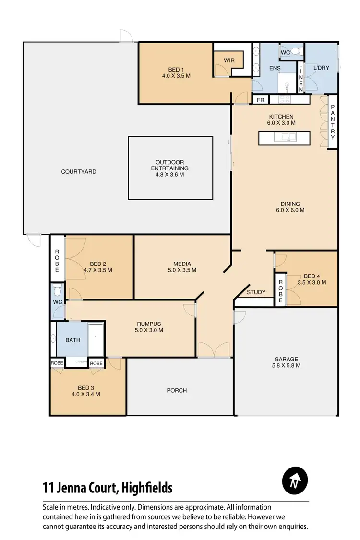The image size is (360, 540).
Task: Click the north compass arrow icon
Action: pos(295,480)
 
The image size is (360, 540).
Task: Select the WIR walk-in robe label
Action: pos(229,60)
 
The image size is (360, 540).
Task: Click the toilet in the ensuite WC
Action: pos(295,52)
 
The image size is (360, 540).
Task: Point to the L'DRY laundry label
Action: pos(321,68)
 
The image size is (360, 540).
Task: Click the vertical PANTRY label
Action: pos(332,123)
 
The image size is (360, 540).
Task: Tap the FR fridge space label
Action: pos(261,100)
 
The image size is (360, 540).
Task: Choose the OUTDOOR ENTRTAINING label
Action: pos(169,166)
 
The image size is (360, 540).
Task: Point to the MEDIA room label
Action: pos(182,264)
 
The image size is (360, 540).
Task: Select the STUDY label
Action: pos(256,292)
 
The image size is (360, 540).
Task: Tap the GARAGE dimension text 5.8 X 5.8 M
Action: pos(287,366)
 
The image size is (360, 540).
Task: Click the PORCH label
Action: pos(177,390)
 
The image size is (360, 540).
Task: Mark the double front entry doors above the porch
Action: pos(214,350)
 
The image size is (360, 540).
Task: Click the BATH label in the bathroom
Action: pos(72,340)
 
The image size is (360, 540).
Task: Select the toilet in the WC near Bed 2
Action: pos(57,290)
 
